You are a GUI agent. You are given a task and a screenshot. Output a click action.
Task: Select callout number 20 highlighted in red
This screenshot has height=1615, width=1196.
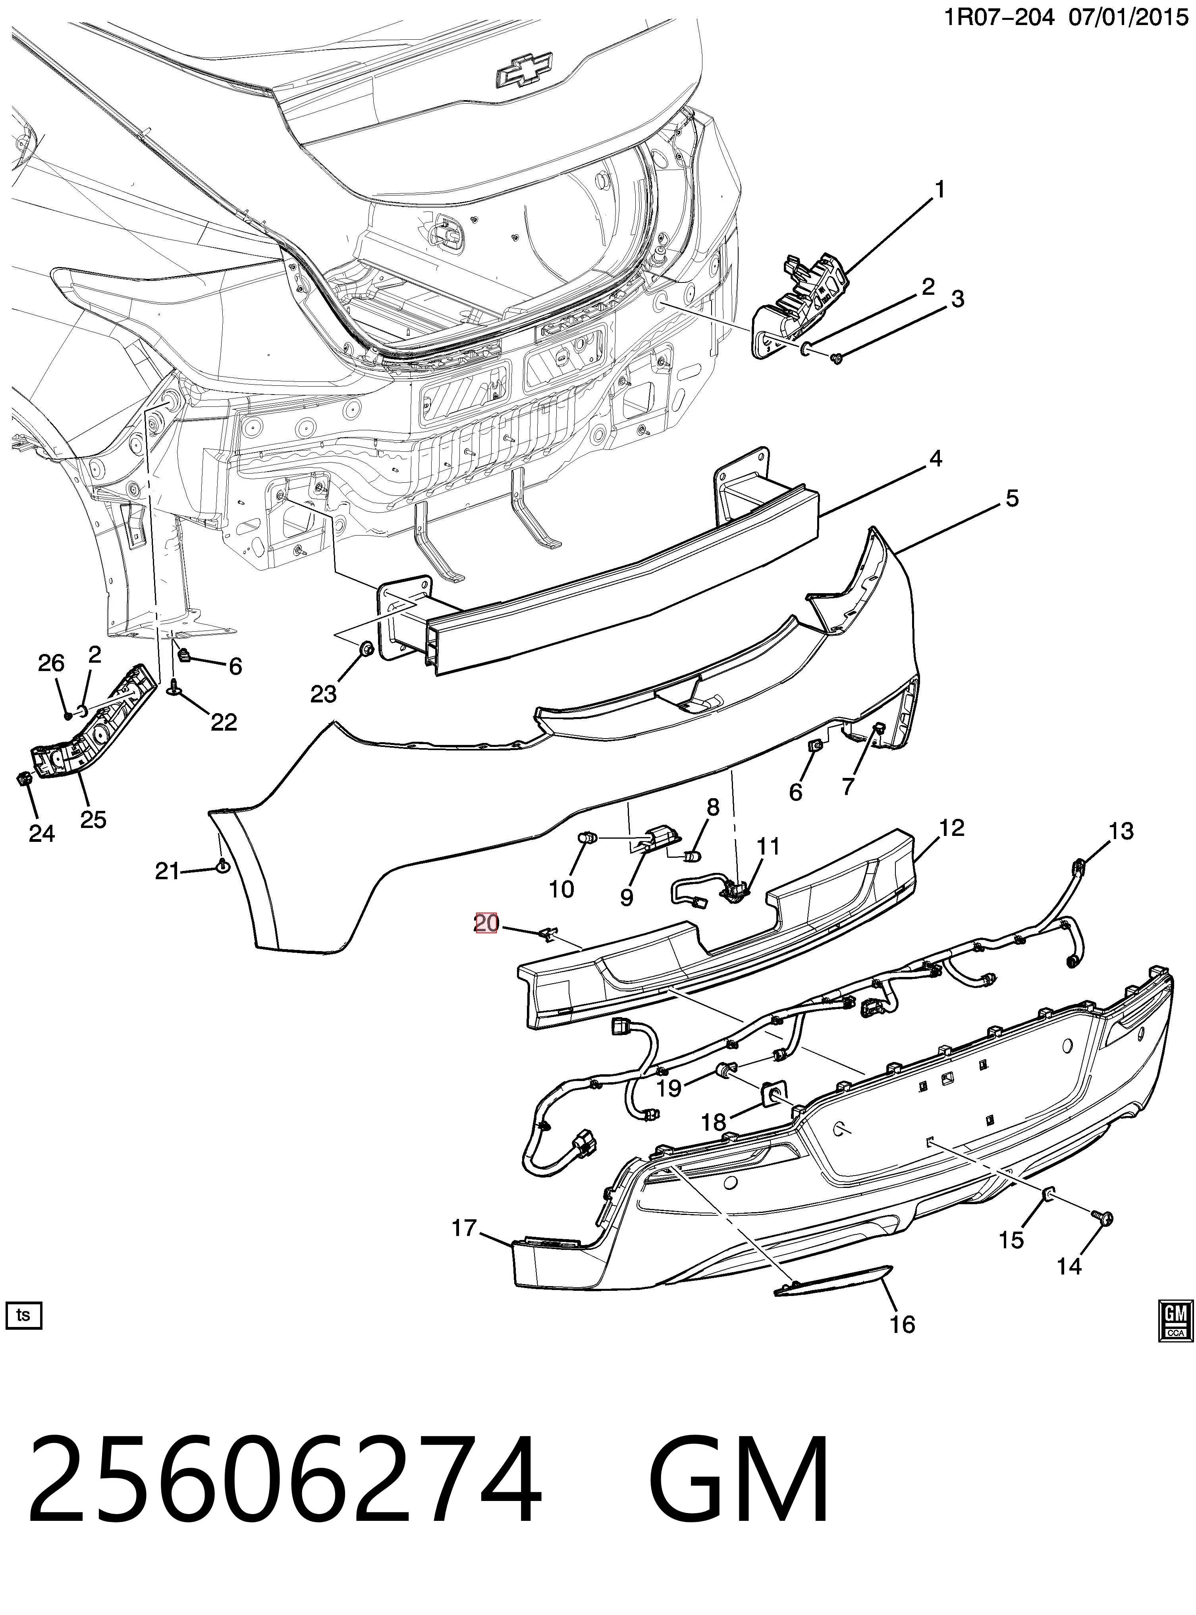(486, 923)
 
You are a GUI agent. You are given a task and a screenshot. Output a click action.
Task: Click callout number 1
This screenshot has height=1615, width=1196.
(940, 190)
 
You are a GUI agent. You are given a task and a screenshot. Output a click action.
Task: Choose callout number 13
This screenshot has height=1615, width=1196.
(1121, 832)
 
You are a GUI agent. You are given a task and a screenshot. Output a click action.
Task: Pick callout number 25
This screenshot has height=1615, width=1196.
(93, 820)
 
